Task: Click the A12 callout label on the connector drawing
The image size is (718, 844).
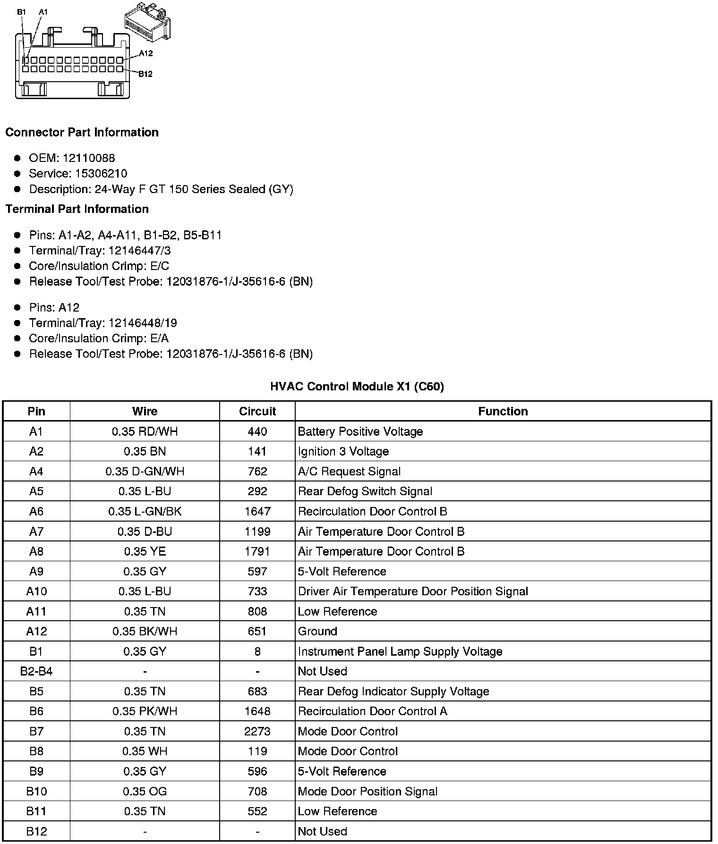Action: [146, 53]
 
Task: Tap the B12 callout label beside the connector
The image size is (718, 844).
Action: [145, 74]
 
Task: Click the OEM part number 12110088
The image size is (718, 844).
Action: [89, 158]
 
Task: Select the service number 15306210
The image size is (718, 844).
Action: [101, 174]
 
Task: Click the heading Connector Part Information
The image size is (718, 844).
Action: [82, 132]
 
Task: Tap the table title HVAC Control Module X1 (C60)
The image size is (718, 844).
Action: [357, 387]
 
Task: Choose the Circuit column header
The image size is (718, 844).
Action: [257, 411]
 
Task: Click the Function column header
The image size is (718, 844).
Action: [503, 411]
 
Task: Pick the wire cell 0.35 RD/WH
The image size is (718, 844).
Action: [145, 431]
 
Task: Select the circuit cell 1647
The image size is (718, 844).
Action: [257, 511]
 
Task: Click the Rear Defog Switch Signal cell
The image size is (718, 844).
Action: [365, 491]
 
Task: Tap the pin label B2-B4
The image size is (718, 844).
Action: [36, 671]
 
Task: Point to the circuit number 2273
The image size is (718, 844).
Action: [257, 731]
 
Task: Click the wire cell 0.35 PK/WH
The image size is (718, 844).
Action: [145, 711]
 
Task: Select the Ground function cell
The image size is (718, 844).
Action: [317, 631]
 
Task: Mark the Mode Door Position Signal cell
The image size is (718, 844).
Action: [368, 791]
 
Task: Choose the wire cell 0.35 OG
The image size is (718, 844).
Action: [145, 791]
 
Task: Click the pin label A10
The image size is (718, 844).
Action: [36, 591]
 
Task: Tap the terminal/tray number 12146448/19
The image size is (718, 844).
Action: [143, 323]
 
